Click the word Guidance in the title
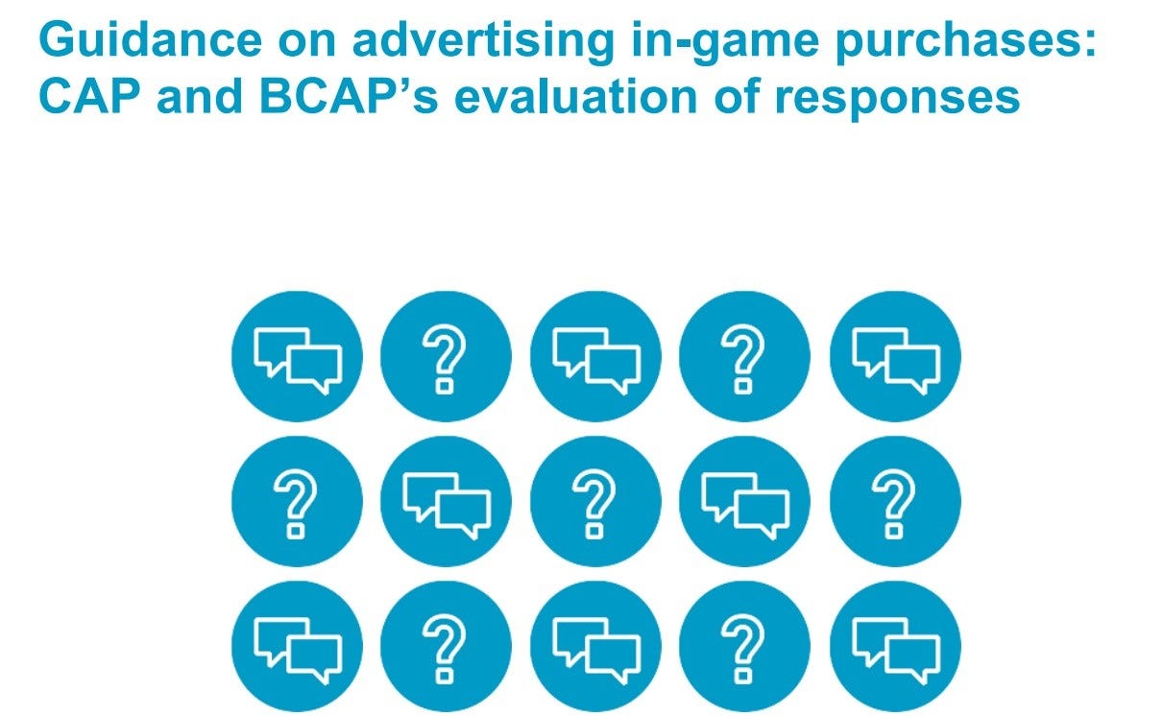click(151, 39)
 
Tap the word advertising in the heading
click(483, 42)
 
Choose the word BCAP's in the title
click(349, 97)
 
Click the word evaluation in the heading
click(576, 97)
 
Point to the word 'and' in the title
click(200, 97)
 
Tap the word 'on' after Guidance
click(307, 44)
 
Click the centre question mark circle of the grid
click(595, 501)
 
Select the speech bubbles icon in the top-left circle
click(298, 361)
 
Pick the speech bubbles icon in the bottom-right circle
click(896, 651)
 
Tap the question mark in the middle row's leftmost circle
click(296, 504)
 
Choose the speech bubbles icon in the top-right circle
click(896, 361)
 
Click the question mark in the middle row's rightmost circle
click(894, 504)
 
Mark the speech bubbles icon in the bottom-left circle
click(298, 651)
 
